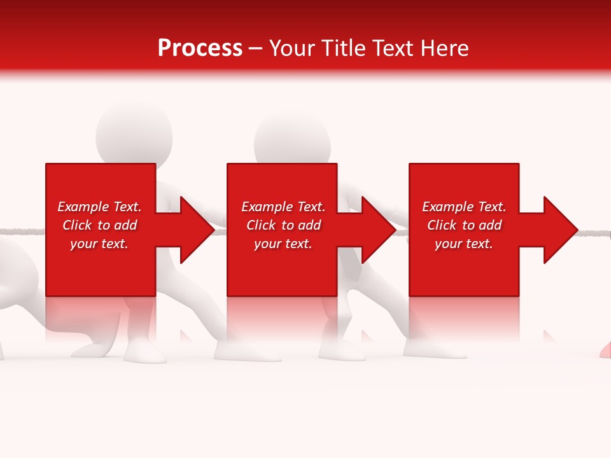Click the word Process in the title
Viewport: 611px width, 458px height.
(x=200, y=48)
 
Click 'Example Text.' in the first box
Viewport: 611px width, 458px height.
(x=99, y=207)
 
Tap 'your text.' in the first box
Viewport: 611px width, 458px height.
(x=99, y=244)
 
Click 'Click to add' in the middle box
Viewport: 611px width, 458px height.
(x=283, y=225)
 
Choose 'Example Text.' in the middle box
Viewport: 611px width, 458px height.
(x=283, y=207)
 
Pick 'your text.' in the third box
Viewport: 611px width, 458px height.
(x=464, y=244)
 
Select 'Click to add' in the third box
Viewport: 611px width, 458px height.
(x=464, y=225)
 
